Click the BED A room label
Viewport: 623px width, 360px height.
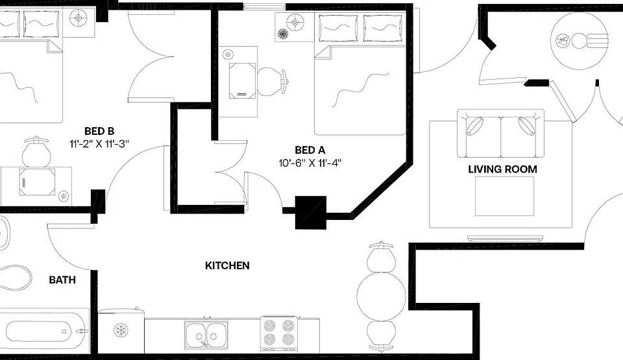click(x=310, y=150)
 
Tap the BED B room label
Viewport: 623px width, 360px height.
click(x=99, y=131)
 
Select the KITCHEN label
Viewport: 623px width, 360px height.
click(x=227, y=265)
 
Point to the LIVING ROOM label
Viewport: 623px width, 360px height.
click(x=502, y=169)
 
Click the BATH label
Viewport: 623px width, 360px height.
click(x=62, y=280)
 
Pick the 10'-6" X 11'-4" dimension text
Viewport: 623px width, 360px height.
click(x=310, y=163)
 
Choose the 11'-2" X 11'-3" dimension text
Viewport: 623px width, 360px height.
click(x=99, y=143)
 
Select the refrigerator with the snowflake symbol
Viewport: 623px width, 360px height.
click(x=121, y=331)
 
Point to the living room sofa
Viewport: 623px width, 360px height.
click(x=500, y=134)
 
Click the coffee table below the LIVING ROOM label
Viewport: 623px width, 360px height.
click(x=505, y=196)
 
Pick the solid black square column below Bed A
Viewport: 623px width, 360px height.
click(x=311, y=213)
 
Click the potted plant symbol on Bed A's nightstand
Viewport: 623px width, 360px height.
click(x=282, y=34)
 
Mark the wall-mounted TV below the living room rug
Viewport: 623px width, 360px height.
click(x=505, y=239)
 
